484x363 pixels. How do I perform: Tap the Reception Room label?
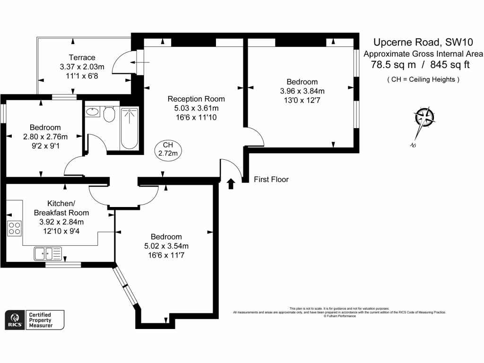196,99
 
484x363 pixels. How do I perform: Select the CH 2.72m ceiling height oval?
167,149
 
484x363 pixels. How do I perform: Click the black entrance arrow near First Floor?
231,183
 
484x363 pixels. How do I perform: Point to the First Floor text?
271,180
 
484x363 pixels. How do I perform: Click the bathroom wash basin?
92,112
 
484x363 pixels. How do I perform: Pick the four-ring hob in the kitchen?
14,228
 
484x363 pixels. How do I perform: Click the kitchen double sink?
47,254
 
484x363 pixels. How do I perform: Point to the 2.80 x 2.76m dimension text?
45,137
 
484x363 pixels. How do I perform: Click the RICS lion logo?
15,319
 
